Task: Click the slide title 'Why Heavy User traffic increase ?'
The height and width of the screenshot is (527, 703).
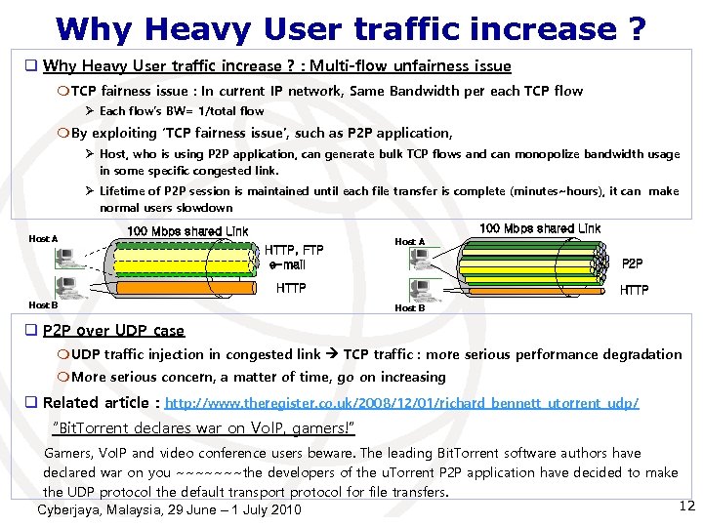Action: [351, 28]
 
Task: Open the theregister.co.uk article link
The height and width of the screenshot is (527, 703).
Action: [402, 403]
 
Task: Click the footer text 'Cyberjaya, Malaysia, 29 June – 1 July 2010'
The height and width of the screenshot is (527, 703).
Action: [169, 510]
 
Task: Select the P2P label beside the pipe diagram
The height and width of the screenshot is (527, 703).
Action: [632, 263]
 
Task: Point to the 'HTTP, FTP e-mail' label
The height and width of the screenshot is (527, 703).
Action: [293, 257]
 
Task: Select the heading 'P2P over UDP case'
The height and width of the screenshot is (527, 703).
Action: [113, 331]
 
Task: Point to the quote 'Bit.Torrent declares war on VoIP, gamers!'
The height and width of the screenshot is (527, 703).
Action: [202, 428]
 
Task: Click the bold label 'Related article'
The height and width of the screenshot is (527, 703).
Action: [99, 402]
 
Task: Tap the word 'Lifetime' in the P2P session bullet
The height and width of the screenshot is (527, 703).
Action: [124, 191]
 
